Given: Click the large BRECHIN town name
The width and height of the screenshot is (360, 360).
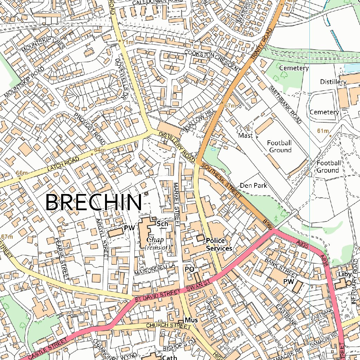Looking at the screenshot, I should coord(94,203).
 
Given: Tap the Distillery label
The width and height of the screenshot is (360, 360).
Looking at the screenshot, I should coord(333,82).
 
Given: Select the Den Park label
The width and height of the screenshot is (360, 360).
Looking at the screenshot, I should coord(253,185).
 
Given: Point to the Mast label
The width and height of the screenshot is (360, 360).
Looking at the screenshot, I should coord(245,135).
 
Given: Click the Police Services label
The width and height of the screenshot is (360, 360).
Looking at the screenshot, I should coord(219,244).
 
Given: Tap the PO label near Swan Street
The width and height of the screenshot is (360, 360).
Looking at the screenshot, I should coord(189,269).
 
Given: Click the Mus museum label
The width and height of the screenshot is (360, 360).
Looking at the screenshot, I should coord(191,320).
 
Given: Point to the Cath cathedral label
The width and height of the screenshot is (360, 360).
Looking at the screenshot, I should coord(169,357).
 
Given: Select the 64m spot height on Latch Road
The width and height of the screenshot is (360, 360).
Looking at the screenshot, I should coord(99,150).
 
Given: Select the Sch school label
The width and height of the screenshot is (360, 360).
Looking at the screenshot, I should coord(161,224).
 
